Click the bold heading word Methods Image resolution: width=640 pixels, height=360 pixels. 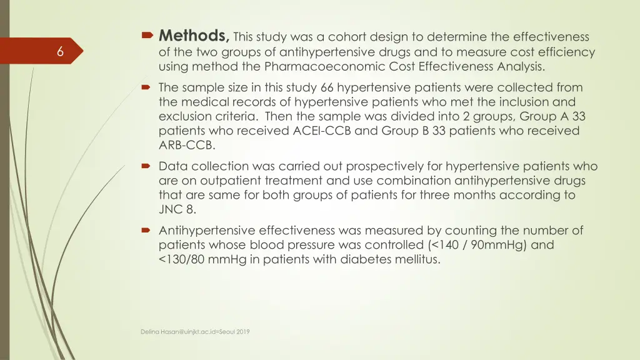(x=194, y=35)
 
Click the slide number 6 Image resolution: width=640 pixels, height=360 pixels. (x=60, y=52)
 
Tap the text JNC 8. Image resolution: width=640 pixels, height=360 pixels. (x=177, y=209)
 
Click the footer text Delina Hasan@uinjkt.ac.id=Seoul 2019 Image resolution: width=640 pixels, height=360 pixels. (x=195, y=332)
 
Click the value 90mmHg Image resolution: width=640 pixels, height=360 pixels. (x=502, y=245)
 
